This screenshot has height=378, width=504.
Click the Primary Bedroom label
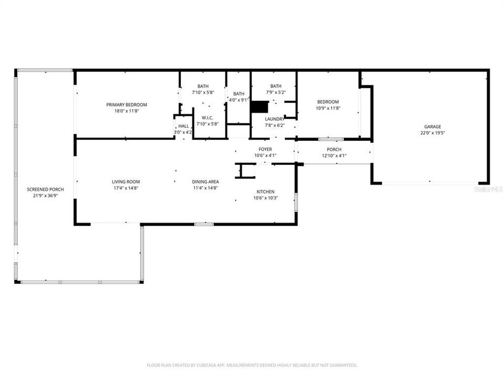(127, 104)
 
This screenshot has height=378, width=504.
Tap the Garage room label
(433, 127)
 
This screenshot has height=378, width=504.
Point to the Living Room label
(126, 182)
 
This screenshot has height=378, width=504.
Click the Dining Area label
(205, 182)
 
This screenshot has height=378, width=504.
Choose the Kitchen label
(265, 192)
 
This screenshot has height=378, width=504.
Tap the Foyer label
(265, 149)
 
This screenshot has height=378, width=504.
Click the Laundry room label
(274, 119)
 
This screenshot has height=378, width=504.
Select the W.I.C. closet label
(206, 118)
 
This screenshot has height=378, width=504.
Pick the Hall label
(183, 126)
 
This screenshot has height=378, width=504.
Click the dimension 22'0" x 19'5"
(433, 133)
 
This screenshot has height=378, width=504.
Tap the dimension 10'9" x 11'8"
(328, 108)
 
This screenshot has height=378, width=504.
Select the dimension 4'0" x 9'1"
(239, 100)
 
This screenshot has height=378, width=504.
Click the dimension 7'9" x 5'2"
(276, 92)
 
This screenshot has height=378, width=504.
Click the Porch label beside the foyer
(334, 150)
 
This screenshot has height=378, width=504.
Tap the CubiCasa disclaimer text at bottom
(251, 365)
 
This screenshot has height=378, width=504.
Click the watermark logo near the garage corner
(488, 188)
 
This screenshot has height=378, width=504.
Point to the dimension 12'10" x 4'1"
(334, 155)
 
